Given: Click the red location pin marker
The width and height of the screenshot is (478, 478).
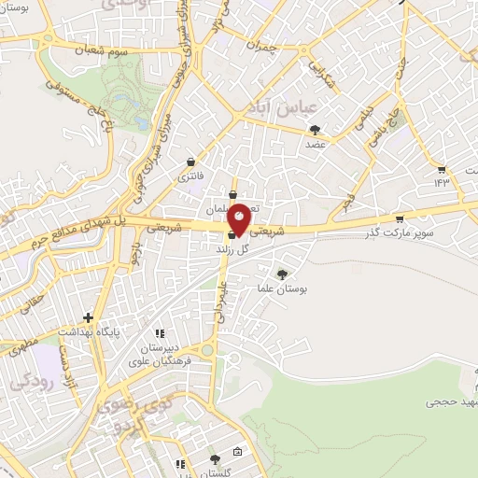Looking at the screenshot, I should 239,218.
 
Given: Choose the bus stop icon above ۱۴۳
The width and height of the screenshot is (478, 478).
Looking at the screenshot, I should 441,169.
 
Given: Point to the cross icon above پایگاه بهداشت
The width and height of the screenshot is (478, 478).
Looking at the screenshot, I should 89,317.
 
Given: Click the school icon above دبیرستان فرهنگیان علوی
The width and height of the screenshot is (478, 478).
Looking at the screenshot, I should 160,332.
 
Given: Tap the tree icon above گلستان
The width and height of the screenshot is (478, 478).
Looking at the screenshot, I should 216,458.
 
